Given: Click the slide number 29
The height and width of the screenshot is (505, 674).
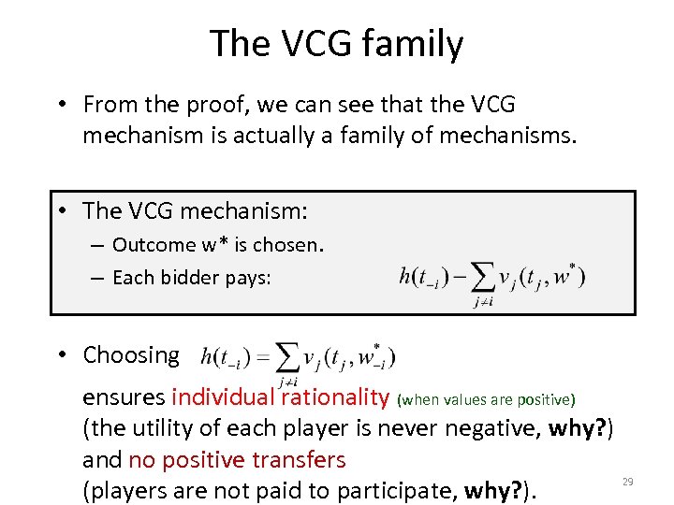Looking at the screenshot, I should tap(628, 482).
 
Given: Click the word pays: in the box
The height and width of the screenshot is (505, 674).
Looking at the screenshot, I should tap(245, 277).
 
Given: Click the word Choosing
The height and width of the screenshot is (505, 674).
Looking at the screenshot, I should tap(131, 355).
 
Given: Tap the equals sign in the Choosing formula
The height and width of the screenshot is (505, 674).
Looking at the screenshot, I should tap(263, 357).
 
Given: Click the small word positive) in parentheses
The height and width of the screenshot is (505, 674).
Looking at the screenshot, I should tap(546, 400).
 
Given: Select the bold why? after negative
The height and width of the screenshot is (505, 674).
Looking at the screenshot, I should tap(582, 429).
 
